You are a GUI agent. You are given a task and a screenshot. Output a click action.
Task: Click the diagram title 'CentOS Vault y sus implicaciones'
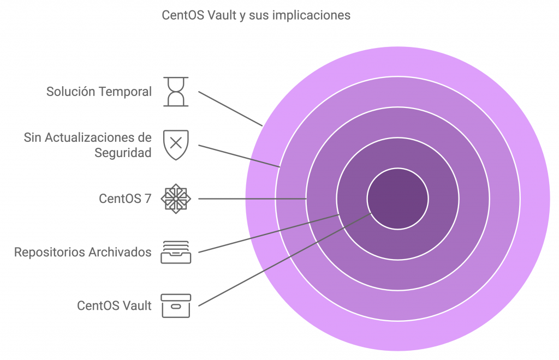click(256, 15)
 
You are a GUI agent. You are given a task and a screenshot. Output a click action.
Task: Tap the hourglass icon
click(176, 92)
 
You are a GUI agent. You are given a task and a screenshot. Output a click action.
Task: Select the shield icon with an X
click(176, 145)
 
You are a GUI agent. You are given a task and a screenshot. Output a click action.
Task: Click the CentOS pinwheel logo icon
click(176, 199)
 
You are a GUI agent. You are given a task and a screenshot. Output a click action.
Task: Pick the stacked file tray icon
click(176, 252)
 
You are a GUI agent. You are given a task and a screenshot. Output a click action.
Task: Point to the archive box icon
click(176, 305)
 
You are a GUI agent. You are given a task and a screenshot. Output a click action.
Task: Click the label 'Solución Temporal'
click(99, 92)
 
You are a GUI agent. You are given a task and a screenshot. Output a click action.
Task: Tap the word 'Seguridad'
click(123, 153)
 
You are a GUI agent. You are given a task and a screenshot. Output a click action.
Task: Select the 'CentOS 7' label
click(125, 199)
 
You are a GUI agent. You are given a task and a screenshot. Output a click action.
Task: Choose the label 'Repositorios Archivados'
click(83, 252)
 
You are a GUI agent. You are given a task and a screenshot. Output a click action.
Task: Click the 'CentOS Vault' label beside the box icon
click(115, 305)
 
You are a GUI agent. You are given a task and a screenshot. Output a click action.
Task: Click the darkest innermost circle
click(397, 199)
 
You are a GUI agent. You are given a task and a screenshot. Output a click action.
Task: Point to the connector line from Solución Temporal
click(230, 109)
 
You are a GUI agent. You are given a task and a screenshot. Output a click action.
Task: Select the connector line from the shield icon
click(239, 156)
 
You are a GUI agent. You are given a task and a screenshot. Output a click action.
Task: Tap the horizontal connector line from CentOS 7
click(252, 199)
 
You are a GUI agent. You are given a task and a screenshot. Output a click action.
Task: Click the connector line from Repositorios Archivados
click(269, 233)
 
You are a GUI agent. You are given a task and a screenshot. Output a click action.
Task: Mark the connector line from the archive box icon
click(285, 259)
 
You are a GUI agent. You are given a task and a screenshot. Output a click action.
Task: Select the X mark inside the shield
click(176, 143)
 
